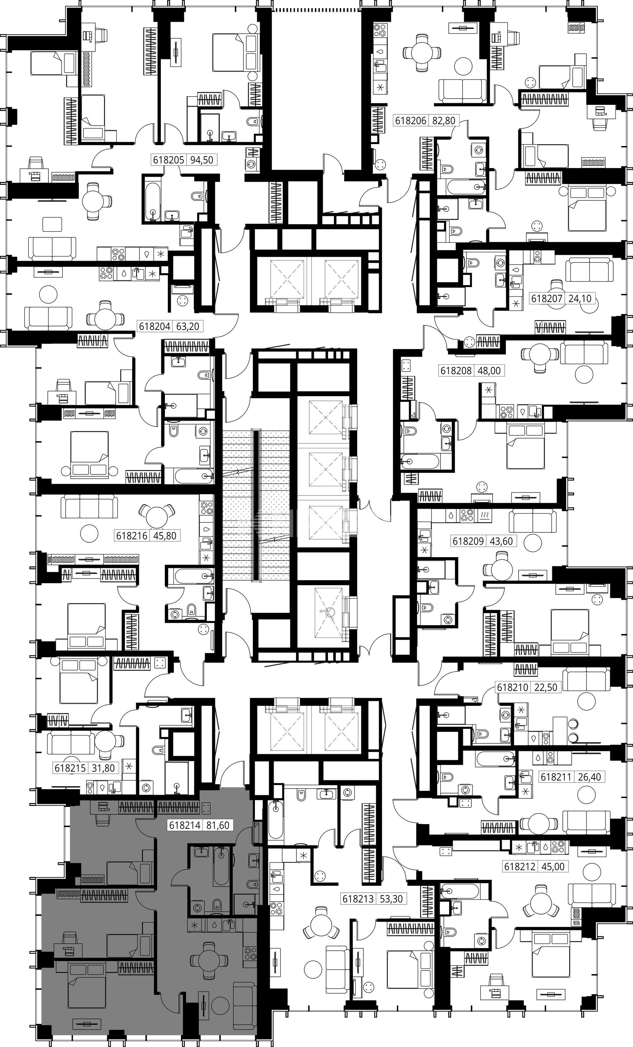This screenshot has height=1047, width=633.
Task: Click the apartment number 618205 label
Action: click(x=168, y=160)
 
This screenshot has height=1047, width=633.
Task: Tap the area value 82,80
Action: click(x=443, y=121)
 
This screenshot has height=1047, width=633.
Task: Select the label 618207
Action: click(x=547, y=299)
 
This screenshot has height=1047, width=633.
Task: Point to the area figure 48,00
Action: click(x=489, y=371)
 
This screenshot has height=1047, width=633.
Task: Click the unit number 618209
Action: click(x=468, y=541)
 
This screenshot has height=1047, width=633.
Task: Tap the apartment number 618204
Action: click(x=155, y=326)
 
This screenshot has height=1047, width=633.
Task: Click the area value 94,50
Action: click(x=201, y=160)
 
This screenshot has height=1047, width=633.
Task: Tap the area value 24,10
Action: click(x=580, y=299)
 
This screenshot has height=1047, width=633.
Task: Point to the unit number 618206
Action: click(x=411, y=121)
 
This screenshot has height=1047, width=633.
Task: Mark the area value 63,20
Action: click(x=187, y=326)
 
